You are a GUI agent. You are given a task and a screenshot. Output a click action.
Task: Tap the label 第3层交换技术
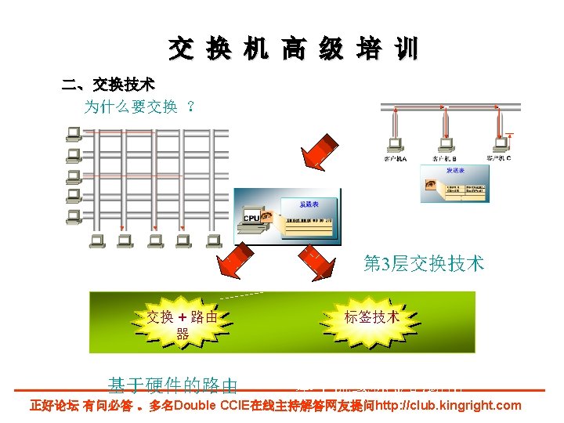[x=424, y=264]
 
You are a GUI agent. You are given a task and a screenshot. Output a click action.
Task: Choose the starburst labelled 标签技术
[x=371, y=317]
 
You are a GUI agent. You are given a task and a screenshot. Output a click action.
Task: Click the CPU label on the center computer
[x=251, y=218]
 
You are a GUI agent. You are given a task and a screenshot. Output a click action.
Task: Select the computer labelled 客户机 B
[x=443, y=145]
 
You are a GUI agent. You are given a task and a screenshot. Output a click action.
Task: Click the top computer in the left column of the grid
[x=74, y=132]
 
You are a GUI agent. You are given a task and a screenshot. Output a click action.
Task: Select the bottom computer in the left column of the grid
[x=74, y=214]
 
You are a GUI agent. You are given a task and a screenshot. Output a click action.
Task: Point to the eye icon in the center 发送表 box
[x=268, y=215]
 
